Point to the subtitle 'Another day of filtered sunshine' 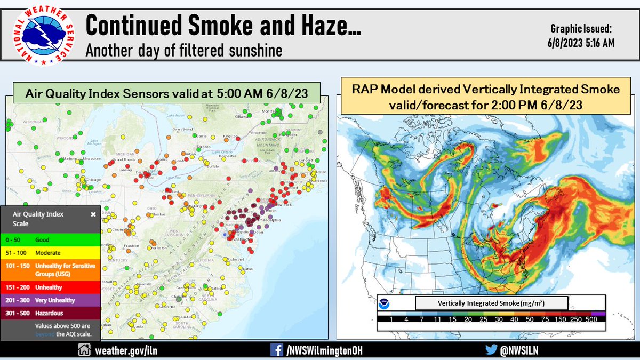coord(183,51)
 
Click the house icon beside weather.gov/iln coord(84,350)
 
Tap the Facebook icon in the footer coord(277,350)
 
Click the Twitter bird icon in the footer coord(492,350)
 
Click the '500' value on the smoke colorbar coord(591,319)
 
